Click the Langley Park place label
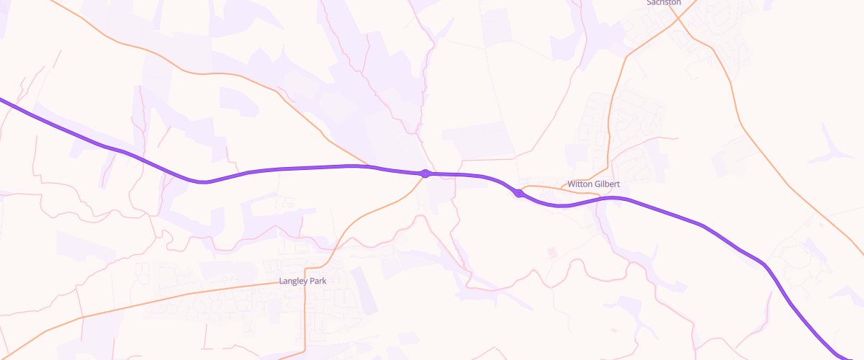(x=302, y=281)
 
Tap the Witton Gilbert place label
(x=593, y=184)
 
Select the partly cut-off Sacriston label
(x=664, y=3)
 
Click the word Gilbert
(x=607, y=184)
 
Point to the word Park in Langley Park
(x=318, y=281)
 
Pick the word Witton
(x=580, y=184)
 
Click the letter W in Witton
(x=571, y=184)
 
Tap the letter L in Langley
(x=282, y=281)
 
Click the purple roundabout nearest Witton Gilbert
(x=518, y=193)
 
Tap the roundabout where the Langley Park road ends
(x=426, y=174)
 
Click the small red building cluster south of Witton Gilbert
(x=553, y=252)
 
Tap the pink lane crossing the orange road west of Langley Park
(x=81, y=317)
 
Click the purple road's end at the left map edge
(x=1, y=99)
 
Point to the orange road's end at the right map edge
(x=863, y=253)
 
